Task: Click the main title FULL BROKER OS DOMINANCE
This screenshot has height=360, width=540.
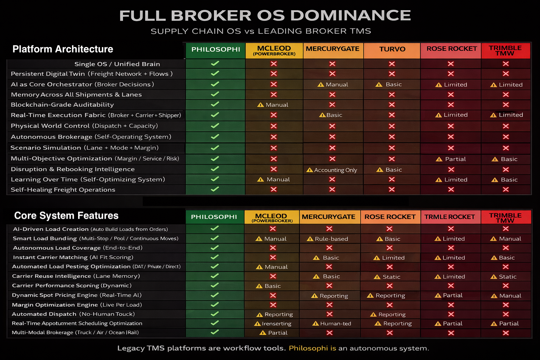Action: click(265, 16)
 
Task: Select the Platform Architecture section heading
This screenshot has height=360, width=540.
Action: click(63, 49)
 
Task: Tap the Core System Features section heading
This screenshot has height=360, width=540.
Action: click(66, 216)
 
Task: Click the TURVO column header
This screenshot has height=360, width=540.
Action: click(392, 49)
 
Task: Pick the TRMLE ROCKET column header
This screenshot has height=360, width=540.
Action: click(449, 217)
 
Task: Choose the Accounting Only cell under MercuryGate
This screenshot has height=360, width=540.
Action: click(332, 170)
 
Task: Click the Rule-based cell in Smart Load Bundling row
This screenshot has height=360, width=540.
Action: click(328, 239)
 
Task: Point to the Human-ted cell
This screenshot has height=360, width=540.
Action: click(332, 323)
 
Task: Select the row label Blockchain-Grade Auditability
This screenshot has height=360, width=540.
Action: click(62, 105)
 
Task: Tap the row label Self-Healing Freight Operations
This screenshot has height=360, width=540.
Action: click(63, 190)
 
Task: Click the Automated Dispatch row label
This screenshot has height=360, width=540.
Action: click(73, 314)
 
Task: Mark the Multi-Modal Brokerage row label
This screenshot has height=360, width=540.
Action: click(75, 333)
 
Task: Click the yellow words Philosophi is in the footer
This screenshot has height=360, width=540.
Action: click(312, 348)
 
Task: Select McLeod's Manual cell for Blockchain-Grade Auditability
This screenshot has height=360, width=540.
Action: click(273, 105)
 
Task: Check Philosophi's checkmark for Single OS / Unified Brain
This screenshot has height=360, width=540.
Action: click(215, 64)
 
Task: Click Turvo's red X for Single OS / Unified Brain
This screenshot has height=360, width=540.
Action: click(392, 64)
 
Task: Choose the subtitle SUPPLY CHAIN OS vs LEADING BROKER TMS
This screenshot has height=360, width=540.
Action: click(261, 31)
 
